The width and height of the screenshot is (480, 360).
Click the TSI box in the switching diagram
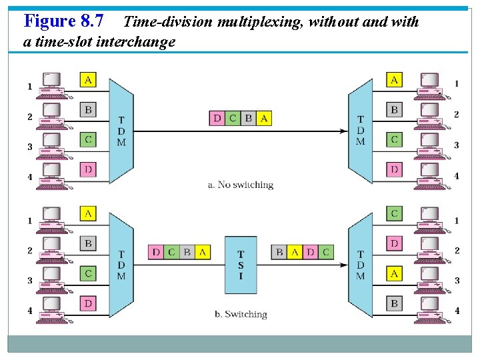coord(241,265)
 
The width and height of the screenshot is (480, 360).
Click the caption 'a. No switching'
coord(241,185)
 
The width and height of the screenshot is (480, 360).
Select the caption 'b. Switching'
coord(241,314)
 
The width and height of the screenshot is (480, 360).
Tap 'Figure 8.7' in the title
coord(63,21)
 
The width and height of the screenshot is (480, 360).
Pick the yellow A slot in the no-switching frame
coord(264,118)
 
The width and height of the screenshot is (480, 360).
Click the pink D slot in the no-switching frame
coord(217,118)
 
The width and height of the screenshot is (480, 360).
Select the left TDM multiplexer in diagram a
coord(121,131)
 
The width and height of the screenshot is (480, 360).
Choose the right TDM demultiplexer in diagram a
coord(361,131)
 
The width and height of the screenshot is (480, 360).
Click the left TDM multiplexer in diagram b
coord(121,265)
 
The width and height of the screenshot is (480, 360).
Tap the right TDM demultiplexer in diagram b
coord(361,265)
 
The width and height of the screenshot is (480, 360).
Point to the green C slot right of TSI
coord(325,252)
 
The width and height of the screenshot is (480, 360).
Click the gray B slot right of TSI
coord(279,252)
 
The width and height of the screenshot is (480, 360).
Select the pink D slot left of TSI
coord(156,252)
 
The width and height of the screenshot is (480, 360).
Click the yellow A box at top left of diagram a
coord(88,80)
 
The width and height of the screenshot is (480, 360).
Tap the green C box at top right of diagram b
coord(394,213)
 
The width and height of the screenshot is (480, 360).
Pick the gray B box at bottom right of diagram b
coord(394,303)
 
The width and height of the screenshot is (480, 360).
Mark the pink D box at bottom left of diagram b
coord(88,303)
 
